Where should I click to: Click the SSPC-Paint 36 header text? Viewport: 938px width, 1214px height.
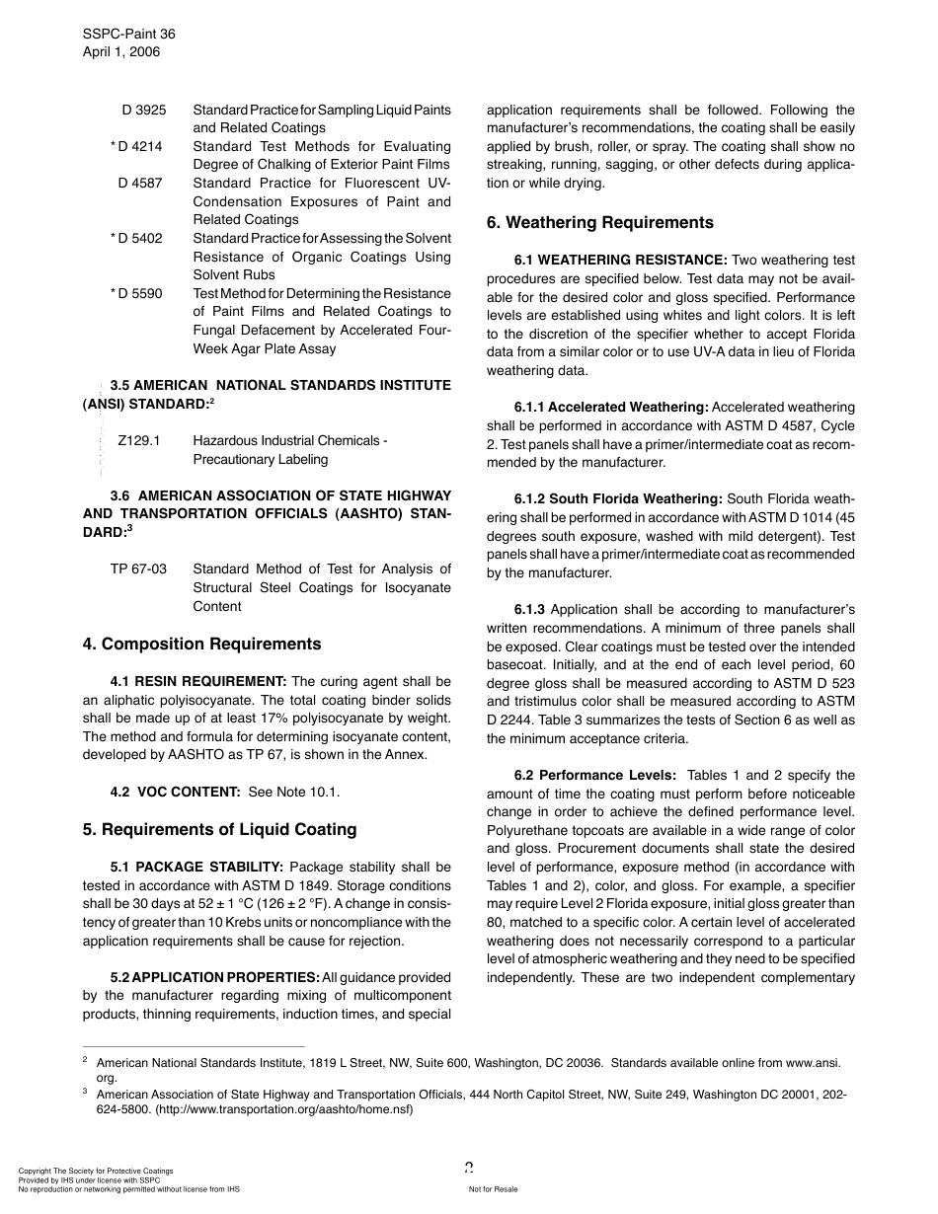[x=128, y=34]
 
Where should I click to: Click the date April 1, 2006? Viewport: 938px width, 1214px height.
[x=120, y=51]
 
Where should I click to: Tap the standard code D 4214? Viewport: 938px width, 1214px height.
[x=138, y=146]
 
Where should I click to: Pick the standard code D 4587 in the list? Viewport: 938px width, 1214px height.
[x=140, y=183]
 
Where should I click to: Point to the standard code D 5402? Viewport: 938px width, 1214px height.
[x=138, y=238]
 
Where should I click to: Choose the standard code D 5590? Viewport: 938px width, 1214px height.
[x=138, y=293]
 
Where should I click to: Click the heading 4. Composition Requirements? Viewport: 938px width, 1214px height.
[x=201, y=645]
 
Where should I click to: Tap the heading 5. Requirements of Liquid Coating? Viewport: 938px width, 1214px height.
[x=219, y=829]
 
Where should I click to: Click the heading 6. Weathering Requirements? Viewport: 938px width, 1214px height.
[x=599, y=223]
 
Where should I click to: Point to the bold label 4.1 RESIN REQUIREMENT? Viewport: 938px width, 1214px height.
[x=198, y=681]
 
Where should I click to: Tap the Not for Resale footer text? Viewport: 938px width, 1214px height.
[x=493, y=1189]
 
